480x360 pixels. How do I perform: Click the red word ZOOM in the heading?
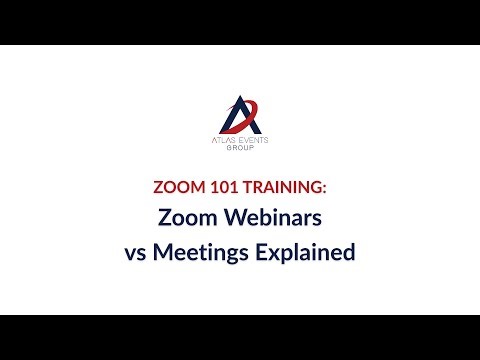[176, 186]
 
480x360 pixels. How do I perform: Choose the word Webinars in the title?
[264, 217]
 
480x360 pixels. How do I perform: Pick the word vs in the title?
[136, 252]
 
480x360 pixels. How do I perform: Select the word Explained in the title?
[304, 252]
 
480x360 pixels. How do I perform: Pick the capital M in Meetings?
[164, 252]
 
